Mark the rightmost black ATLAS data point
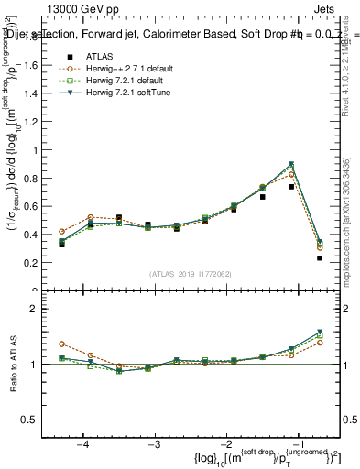320,258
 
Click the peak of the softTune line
291,164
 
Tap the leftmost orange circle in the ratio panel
61,344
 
